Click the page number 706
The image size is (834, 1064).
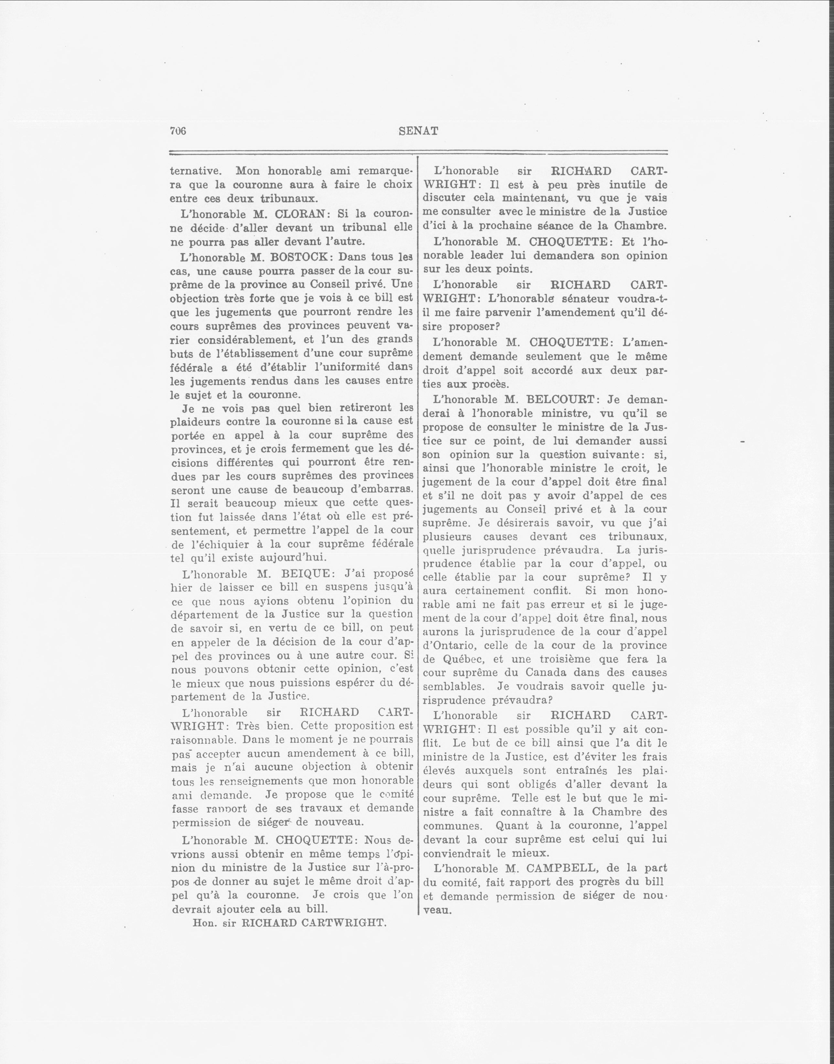click(x=178, y=131)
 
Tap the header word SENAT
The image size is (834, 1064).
click(x=419, y=131)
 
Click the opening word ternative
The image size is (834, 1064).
click(x=196, y=171)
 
